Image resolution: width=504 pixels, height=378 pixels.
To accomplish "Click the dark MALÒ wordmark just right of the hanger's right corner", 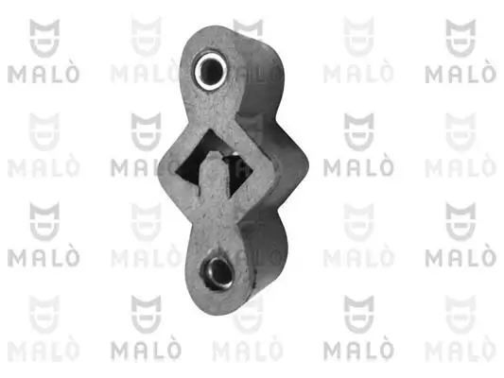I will click(357, 168).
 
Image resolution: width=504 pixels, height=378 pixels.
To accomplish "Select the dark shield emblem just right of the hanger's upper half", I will click(357, 132).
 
